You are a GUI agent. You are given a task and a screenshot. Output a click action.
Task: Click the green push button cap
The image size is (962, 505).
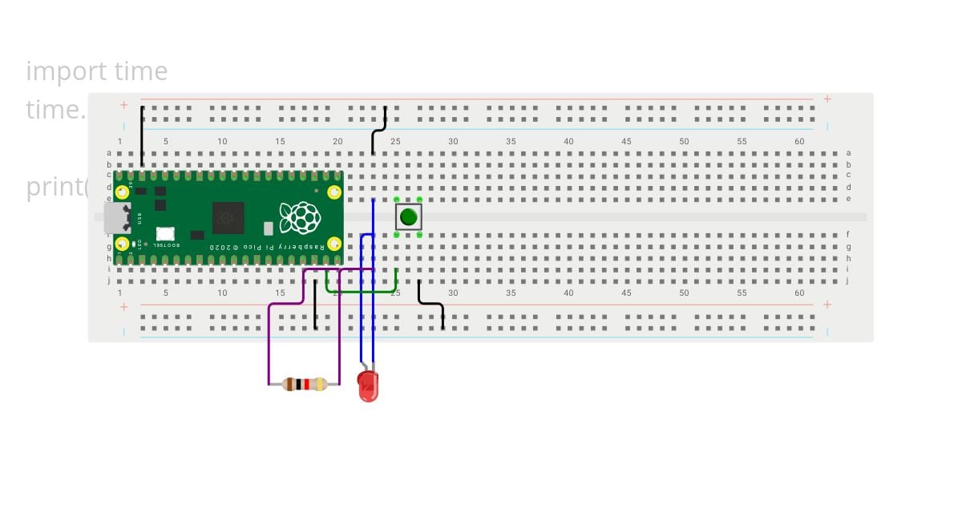409,216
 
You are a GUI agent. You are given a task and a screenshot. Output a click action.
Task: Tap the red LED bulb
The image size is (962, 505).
368,387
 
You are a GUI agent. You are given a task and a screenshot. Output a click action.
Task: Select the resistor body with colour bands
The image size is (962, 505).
305,384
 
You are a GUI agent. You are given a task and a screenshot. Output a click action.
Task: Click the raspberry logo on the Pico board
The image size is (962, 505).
300,217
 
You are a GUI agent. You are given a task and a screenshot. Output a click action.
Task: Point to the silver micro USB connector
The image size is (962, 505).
116,217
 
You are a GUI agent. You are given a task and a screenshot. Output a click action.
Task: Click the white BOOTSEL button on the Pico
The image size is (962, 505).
165,234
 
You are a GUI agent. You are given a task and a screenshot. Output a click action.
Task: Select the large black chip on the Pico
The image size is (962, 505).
228,217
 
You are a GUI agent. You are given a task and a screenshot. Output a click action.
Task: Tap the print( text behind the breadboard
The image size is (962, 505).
56,187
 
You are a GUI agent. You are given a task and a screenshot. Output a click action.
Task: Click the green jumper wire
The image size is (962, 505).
361,292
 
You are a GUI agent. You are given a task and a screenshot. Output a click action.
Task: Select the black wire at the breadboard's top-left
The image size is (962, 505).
143,136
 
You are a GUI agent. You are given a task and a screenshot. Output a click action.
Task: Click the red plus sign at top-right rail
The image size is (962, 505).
827,99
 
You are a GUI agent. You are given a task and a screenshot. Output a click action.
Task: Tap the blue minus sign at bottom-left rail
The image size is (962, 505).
123,332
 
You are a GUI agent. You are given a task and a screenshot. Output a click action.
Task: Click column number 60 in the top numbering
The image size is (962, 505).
799,142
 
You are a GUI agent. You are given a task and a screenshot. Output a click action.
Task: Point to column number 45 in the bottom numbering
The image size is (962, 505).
626,293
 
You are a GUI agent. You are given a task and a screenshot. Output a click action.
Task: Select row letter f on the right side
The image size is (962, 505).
848,235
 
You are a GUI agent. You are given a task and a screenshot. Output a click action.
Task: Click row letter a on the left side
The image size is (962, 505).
109,152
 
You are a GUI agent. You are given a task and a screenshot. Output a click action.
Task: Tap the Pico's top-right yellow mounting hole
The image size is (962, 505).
333,192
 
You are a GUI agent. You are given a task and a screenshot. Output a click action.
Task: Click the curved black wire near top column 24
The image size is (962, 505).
378,128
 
